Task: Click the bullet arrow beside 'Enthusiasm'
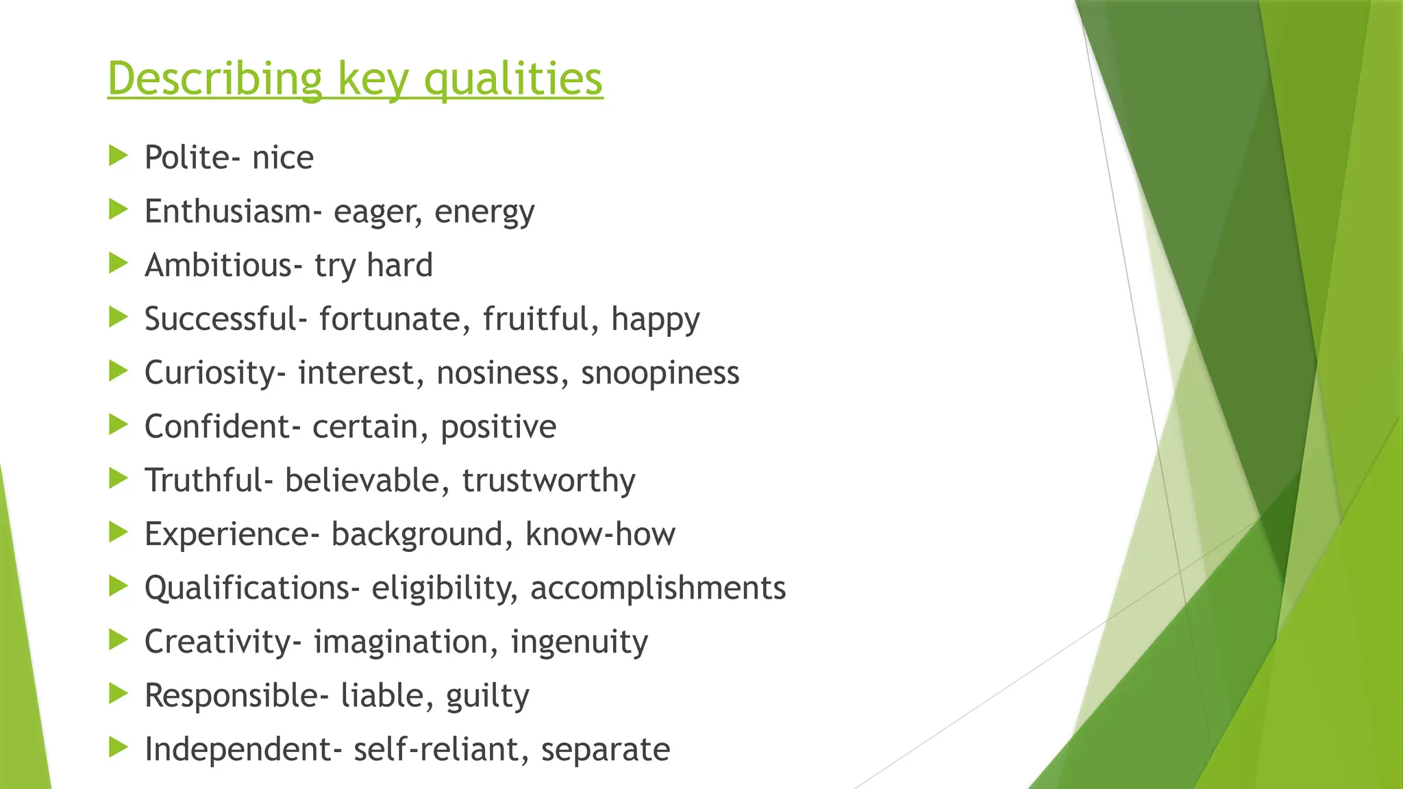pos(119,210)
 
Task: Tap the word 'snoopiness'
pos(660,373)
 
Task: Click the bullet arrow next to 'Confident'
pos(119,425)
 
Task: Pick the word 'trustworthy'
pos(549,480)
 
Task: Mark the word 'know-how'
pos(600,534)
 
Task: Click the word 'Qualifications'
pos(247,588)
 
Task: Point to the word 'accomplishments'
pos(658,588)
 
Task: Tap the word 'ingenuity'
pos(579,642)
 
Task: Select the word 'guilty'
pos(487,696)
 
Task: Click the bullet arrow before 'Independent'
pos(119,747)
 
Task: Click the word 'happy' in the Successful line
pos(655,320)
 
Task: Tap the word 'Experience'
pos(227,534)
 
